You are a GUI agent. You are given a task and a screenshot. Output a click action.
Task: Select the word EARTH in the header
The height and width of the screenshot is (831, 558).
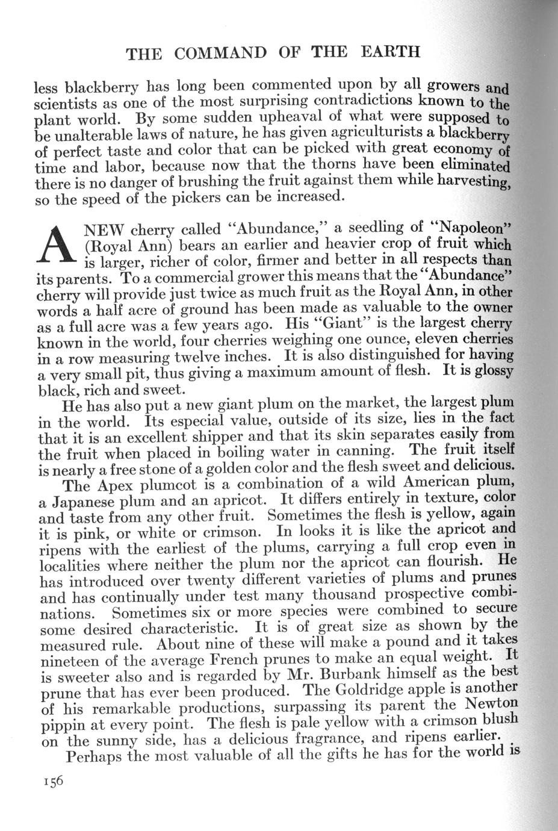(x=390, y=51)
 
